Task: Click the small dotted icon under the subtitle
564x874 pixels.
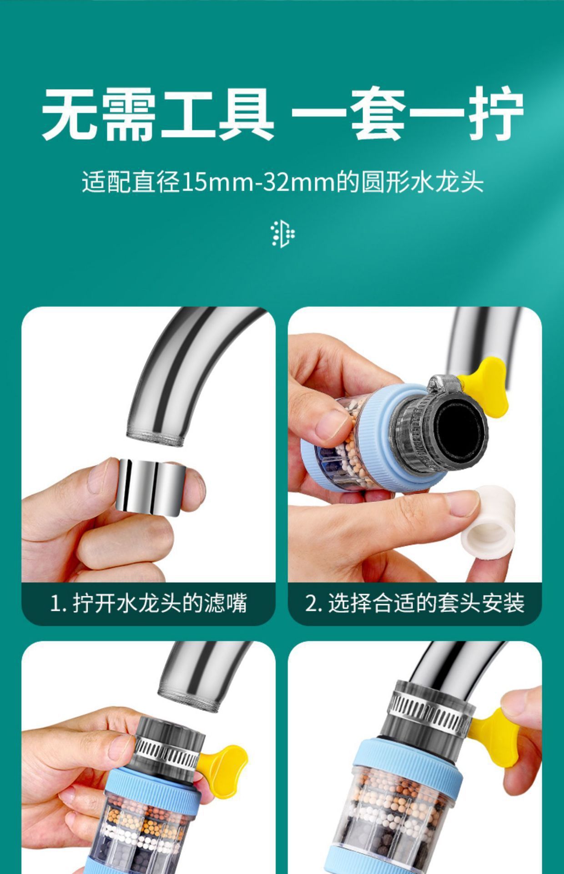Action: pyautogui.click(x=282, y=234)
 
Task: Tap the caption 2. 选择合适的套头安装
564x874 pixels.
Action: pyautogui.click(x=415, y=604)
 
